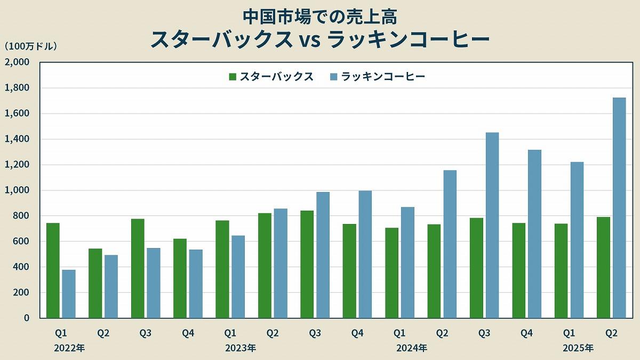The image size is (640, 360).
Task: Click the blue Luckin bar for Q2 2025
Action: pyautogui.click(x=619, y=208)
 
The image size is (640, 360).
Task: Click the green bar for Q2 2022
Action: pyautogui.click(x=95, y=283)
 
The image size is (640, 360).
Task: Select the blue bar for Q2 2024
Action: pyautogui.click(x=450, y=244)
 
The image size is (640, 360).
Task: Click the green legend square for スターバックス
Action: pyautogui.click(x=233, y=77)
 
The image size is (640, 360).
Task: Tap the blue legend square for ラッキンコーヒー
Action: pyautogui.click(x=334, y=77)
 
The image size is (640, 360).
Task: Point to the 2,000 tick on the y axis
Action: pyautogui.click(x=19, y=62)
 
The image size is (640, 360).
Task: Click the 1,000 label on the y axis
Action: pyautogui.click(x=19, y=190)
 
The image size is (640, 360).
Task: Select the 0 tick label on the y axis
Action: pyautogui.click(x=26, y=318)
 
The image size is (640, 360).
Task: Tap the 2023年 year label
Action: pyautogui.click(x=241, y=348)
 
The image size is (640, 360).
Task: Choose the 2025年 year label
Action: pyautogui.click(x=579, y=348)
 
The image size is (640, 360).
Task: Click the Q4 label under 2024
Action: pyautogui.click(x=526, y=333)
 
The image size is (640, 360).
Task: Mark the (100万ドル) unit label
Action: pyautogui.click(x=30, y=47)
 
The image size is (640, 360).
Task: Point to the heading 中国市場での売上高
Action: pyautogui.click(x=320, y=17)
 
